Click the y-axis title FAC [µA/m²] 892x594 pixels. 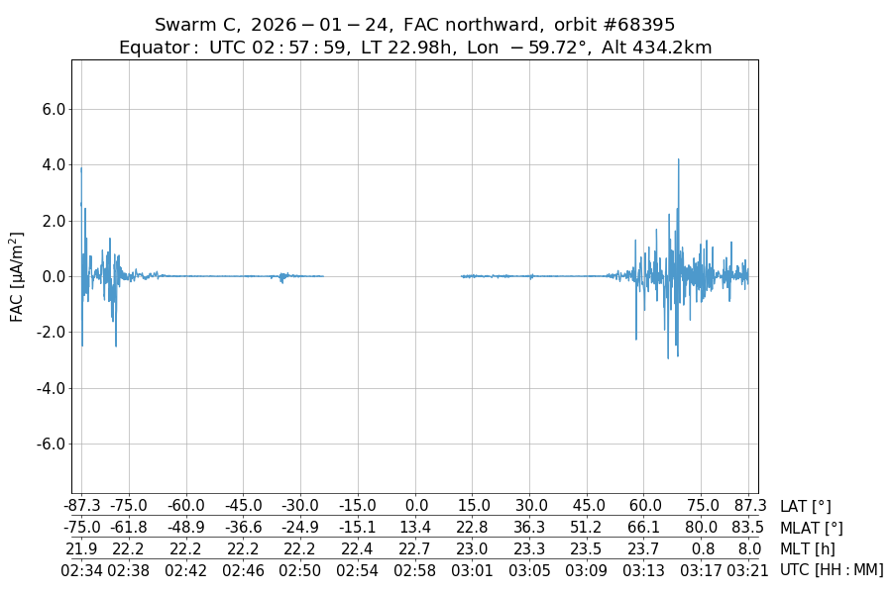(x=17, y=276)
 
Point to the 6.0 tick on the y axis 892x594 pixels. (x=52, y=110)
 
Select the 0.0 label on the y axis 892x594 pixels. (x=52, y=277)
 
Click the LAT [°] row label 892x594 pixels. (x=806, y=507)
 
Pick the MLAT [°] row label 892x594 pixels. (x=812, y=528)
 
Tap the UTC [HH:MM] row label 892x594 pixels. (x=831, y=569)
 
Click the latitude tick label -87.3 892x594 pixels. (x=81, y=507)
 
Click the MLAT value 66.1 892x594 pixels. (x=645, y=528)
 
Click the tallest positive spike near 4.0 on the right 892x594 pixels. (x=679, y=160)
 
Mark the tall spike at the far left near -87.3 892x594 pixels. (x=81, y=170)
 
